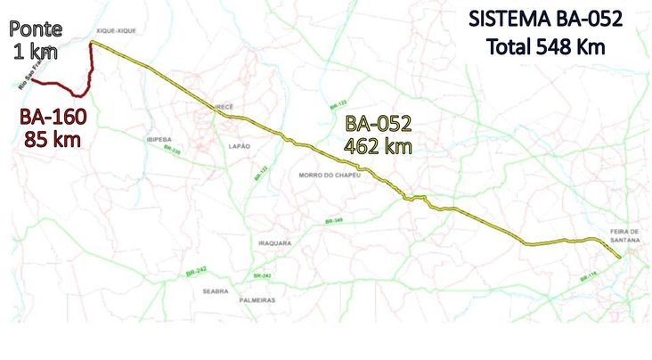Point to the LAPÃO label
click(240, 145)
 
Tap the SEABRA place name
click(216, 290)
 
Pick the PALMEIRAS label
click(257, 300)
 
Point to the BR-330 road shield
click(173, 151)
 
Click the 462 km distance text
click(379, 145)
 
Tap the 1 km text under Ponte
click(35, 52)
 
